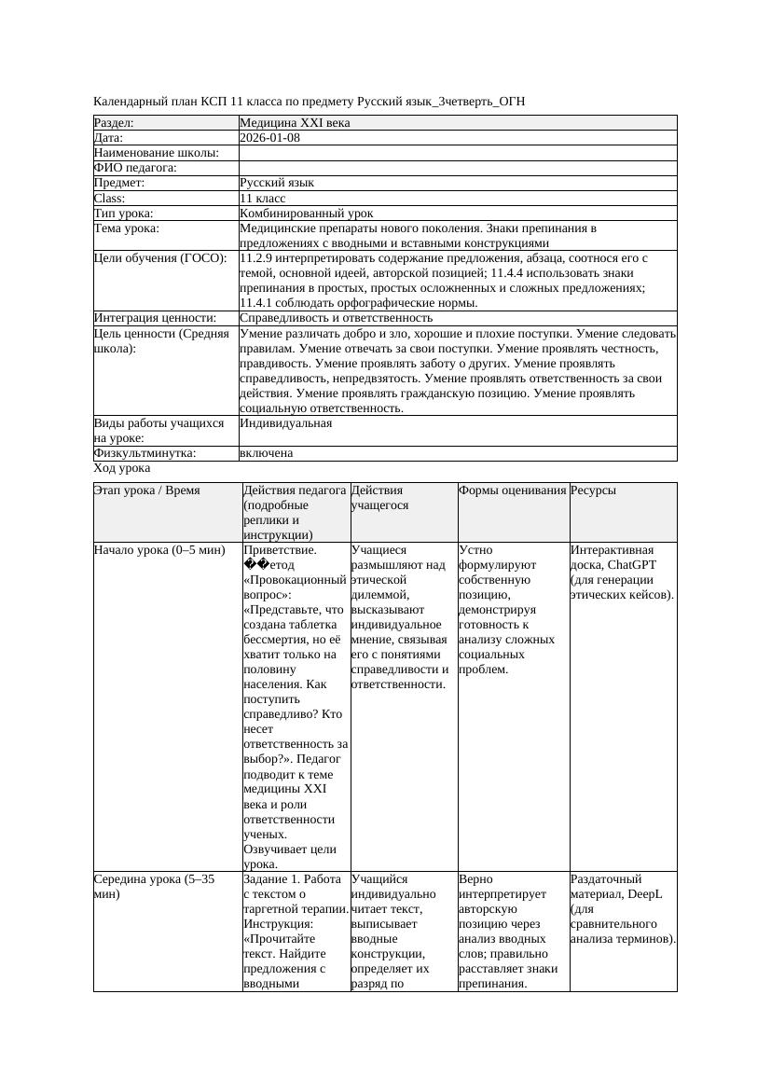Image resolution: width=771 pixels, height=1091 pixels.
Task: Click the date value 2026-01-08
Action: pyautogui.click(x=269, y=138)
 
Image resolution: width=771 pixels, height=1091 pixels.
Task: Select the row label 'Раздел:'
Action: pyautogui.click(x=114, y=123)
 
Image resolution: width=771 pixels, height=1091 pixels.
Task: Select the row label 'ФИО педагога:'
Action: pyautogui.click(x=135, y=168)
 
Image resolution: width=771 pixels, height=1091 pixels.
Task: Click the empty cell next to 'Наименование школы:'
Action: pyautogui.click(x=457, y=153)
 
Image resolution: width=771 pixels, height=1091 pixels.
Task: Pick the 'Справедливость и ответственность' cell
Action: pyautogui.click(x=336, y=318)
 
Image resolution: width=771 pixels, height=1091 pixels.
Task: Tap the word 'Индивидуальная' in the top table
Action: pyautogui.click(x=285, y=423)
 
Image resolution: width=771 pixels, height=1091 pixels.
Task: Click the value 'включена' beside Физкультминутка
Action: pyautogui.click(x=266, y=453)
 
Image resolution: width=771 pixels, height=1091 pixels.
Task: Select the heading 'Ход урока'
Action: pyautogui.click(x=122, y=468)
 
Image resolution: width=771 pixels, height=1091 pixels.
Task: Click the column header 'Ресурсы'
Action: pyautogui.click(x=593, y=490)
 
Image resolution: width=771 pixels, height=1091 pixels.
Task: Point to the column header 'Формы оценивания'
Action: pyautogui.click(x=512, y=490)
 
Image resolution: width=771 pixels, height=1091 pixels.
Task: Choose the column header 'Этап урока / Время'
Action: pyautogui.click(x=146, y=490)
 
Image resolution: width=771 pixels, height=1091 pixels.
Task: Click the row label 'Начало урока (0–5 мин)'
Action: pyautogui.click(x=159, y=550)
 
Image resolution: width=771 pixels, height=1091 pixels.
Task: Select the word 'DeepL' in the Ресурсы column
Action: pyautogui.click(x=643, y=893)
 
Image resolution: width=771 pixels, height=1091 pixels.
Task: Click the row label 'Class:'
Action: pyautogui.click(x=109, y=199)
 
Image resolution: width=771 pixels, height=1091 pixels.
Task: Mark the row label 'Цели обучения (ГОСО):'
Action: pyautogui.click(x=160, y=258)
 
